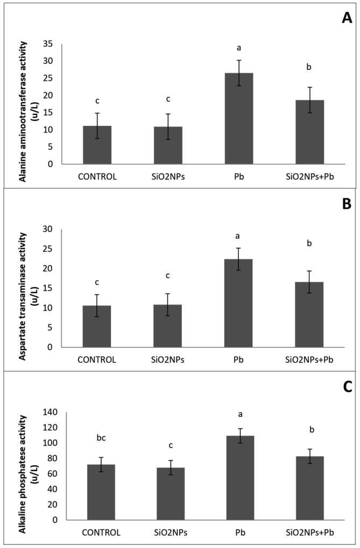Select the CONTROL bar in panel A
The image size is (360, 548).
click(x=97, y=145)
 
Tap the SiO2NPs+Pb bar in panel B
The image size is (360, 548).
click(x=309, y=314)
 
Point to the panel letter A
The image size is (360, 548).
click(x=347, y=18)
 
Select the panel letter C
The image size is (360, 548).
click(x=347, y=387)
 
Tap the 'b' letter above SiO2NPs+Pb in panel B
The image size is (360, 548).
click(x=309, y=244)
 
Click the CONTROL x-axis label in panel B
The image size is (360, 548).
click(x=97, y=360)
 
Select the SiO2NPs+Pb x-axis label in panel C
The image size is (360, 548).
click(x=309, y=532)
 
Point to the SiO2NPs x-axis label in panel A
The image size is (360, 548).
click(x=168, y=176)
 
